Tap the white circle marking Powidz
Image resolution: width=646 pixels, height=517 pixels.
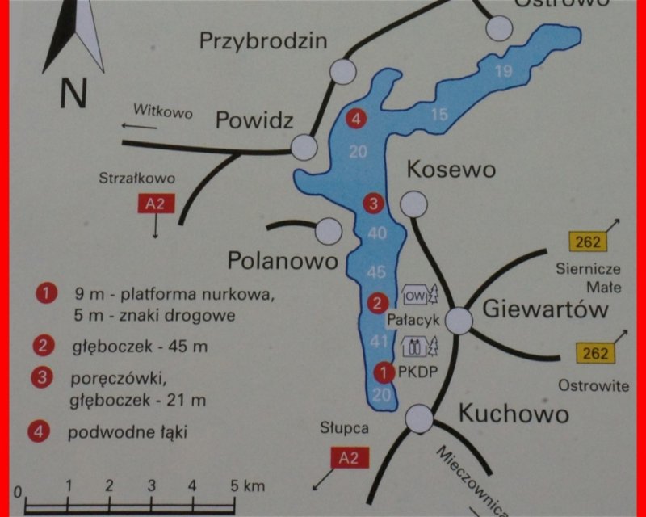pyautogui.click(x=304, y=147)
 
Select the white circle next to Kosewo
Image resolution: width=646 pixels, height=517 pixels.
pyautogui.click(x=414, y=204)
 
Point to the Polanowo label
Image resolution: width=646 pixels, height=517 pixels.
pyautogui.click(x=281, y=261)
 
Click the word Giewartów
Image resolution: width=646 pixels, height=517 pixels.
pyautogui.click(x=545, y=309)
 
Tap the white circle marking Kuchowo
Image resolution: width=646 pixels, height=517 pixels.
pyautogui.click(x=418, y=417)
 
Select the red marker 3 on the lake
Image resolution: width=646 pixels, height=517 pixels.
pyautogui.click(x=373, y=204)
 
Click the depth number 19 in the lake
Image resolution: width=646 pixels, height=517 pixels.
pyautogui.click(x=504, y=71)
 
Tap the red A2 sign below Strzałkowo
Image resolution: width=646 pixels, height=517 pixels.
pyautogui.click(x=156, y=204)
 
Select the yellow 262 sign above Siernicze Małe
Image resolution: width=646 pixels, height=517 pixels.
pyautogui.click(x=587, y=241)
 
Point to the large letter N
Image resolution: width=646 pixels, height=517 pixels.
pyautogui.click(x=73, y=95)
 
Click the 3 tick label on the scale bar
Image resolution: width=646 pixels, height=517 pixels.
pyautogui.click(x=151, y=486)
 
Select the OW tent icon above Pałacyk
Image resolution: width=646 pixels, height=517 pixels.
pyautogui.click(x=414, y=295)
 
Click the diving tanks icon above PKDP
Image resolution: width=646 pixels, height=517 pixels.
pyautogui.click(x=414, y=347)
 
